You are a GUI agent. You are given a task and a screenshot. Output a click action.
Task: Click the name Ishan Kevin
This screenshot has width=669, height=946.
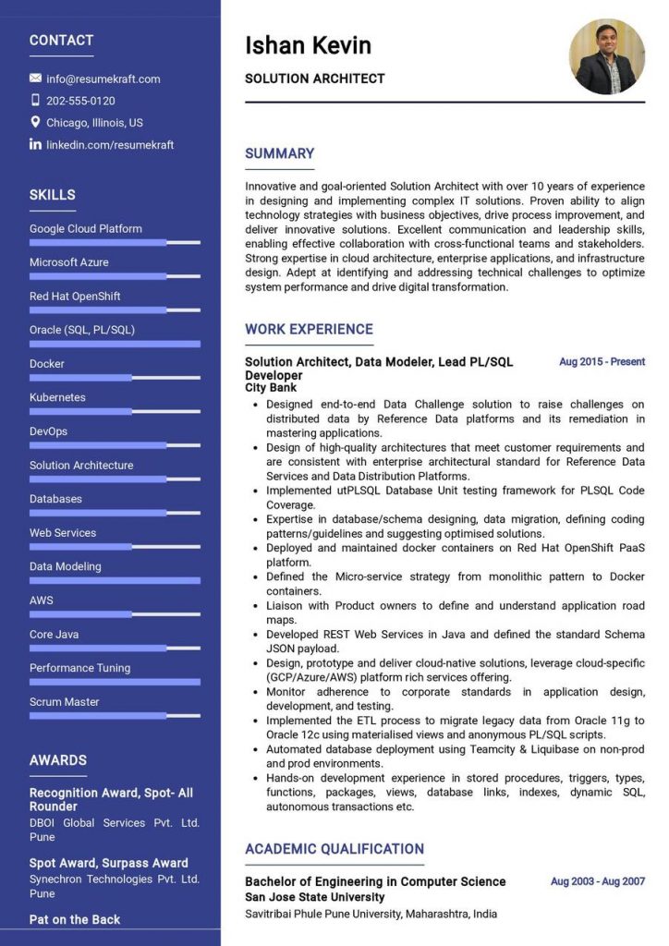click(308, 45)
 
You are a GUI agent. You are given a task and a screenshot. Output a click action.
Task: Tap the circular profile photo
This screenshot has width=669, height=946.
click(606, 56)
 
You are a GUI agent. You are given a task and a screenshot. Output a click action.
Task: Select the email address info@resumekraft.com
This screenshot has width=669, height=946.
click(103, 79)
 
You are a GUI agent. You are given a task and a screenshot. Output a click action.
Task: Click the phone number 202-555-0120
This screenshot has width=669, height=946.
click(80, 101)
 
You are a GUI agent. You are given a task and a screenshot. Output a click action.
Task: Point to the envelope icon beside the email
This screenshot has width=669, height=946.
click(36, 79)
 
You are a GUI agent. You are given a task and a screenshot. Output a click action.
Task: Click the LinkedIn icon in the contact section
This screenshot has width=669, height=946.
click(36, 144)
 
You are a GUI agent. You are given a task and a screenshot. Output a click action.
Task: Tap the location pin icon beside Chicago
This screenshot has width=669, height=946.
click(36, 122)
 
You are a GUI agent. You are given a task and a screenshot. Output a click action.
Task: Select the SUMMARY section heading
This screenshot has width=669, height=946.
click(279, 153)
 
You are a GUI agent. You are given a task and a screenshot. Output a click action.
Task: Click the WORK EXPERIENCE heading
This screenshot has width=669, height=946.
click(309, 329)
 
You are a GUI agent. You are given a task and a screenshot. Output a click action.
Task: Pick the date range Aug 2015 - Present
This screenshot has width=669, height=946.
click(602, 361)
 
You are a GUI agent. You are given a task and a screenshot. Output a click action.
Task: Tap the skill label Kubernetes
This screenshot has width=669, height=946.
click(57, 397)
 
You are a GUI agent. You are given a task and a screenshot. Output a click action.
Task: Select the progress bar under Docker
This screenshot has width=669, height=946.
click(115, 377)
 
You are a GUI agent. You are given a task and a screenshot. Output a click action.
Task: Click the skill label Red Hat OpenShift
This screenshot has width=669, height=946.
click(75, 296)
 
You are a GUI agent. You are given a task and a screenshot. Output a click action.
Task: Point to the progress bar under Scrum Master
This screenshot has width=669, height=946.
click(115, 715)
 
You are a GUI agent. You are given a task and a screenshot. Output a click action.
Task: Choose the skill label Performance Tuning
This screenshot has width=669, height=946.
click(79, 668)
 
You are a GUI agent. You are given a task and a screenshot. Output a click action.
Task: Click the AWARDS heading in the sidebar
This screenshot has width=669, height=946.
click(57, 760)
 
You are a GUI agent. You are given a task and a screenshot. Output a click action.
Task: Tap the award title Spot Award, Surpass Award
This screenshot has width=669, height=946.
click(108, 863)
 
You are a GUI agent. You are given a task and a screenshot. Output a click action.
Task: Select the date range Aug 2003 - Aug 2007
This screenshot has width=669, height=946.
click(598, 881)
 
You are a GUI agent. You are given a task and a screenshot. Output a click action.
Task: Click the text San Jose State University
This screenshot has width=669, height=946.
click(314, 897)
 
